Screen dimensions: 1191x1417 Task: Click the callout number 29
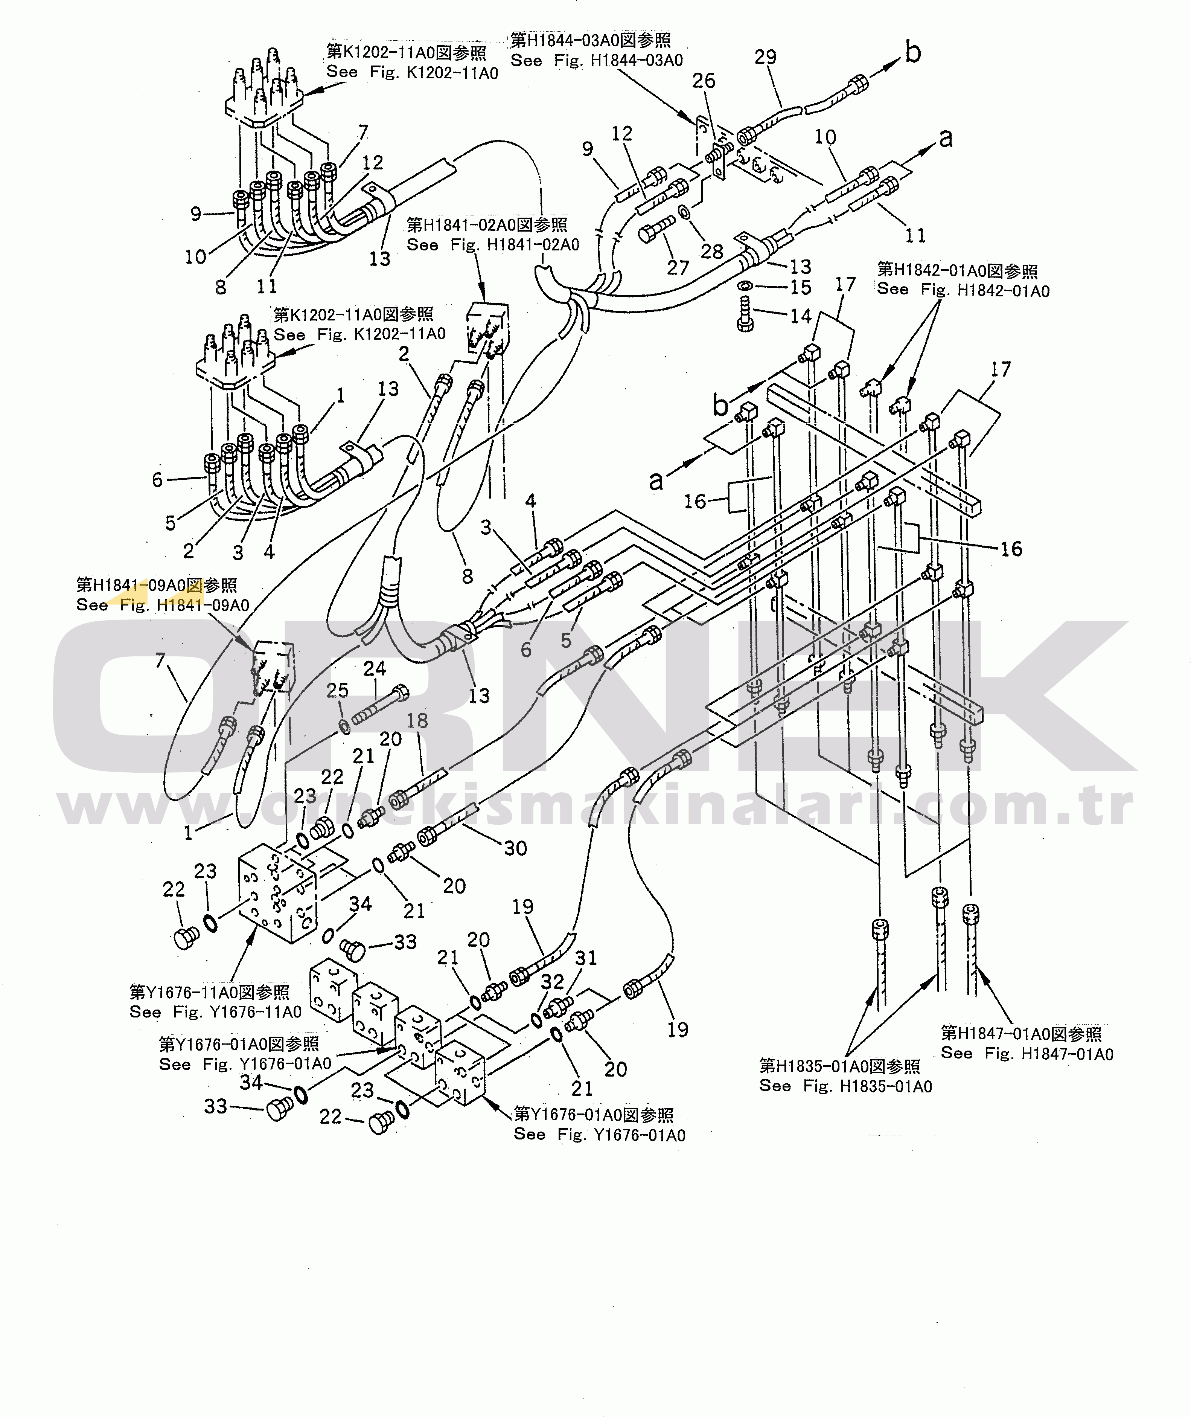click(x=766, y=57)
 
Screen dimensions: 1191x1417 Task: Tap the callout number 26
click(x=704, y=81)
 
